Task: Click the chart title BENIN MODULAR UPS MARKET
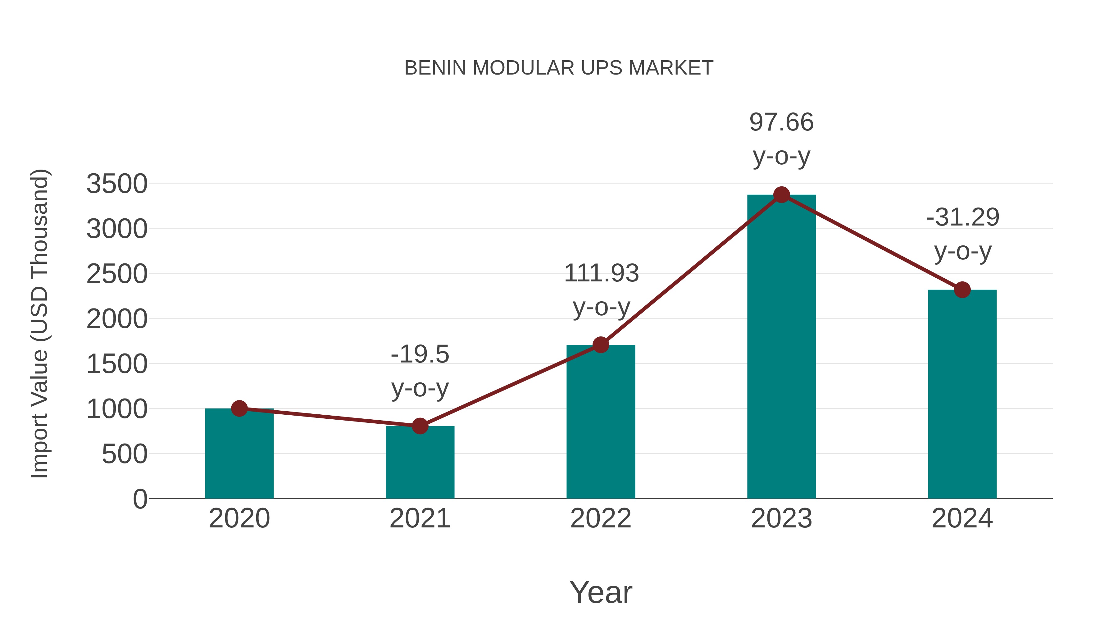pyautogui.click(x=559, y=68)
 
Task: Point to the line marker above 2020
pyautogui.click(x=239, y=408)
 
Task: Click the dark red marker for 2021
pyautogui.click(x=420, y=426)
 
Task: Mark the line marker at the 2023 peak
pyautogui.click(x=781, y=195)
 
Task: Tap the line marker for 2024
pyautogui.click(x=962, y=289)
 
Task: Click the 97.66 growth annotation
pyautogui.click(x=781, y=122)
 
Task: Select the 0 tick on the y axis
pyautogui.click(x=140, y=499)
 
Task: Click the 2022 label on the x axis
pyautogui.click(x=601, y=518)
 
